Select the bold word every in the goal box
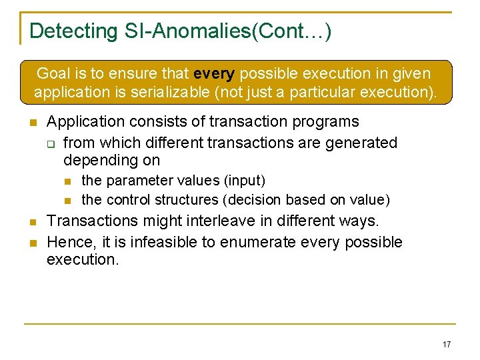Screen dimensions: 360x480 (x=214, y=73)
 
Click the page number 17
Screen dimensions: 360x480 (x=447, y=344)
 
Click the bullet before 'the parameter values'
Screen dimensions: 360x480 (x=67, y=181)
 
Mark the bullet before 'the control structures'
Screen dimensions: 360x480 (x=67, y=200)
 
